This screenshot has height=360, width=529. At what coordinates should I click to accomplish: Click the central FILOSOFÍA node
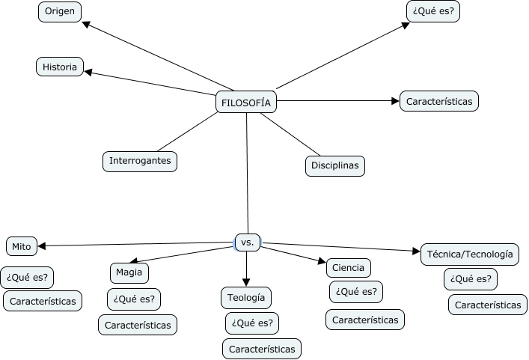pos(246,102)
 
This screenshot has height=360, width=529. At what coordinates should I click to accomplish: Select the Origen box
pos(60,12)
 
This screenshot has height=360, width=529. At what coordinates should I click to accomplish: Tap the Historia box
pos(60,67)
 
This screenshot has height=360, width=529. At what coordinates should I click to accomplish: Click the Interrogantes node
pos(140,160)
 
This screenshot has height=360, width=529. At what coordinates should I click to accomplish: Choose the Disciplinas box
pos(334,165)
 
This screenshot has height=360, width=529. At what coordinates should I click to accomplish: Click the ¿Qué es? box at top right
pos(433,11)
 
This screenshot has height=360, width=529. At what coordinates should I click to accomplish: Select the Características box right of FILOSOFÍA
pos(439,100)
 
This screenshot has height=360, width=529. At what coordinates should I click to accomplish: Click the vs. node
pos(247,242)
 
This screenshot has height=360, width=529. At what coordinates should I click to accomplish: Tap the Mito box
pos(22,246)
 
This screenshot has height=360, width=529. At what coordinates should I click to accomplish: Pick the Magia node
pos(129,272)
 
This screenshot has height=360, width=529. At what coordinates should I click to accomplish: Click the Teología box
pos(246,297)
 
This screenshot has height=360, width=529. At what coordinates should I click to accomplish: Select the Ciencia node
pos(348,267)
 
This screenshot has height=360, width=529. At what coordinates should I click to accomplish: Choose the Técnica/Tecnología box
pos(470,254)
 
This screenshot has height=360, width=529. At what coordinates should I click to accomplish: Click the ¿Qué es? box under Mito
pos(27,277)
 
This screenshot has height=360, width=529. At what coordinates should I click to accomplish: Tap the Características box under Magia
pos(138,325)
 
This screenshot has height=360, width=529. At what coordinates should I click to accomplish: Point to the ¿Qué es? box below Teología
pos(252,323)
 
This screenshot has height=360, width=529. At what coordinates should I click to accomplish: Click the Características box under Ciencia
pos(365,320)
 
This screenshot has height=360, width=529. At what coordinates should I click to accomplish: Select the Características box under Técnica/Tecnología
pos(488,305)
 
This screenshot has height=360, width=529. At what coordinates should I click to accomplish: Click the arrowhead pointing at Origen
pos(87,24)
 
